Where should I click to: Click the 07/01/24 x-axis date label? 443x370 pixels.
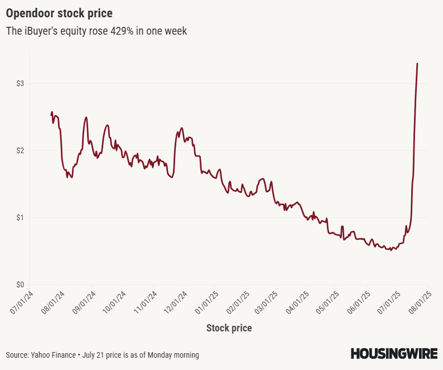[22, 302]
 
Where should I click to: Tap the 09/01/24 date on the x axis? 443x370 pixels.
[84, 302]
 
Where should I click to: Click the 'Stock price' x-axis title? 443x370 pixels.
[229, 328]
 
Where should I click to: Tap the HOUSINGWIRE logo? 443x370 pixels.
[394, 353]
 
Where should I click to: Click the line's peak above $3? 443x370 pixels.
[417, 64]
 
